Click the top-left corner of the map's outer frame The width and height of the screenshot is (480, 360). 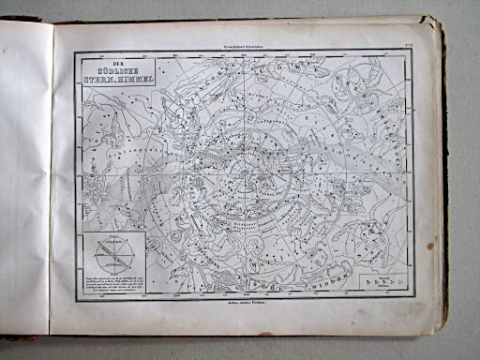click(x=74, y=52)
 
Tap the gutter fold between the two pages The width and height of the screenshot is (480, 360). click(x=51, y=178)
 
